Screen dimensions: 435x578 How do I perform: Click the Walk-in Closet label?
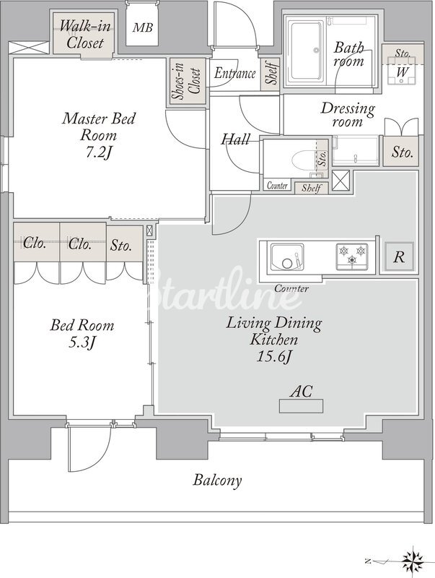pos(85,34)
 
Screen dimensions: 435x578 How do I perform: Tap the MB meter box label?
pos(142,27)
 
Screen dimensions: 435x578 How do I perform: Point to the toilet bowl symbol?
pos(304,160)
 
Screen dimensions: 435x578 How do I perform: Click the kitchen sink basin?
pos(287,257)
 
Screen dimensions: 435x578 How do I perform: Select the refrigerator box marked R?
pos(400,256)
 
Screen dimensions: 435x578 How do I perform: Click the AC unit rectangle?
pos(301,406)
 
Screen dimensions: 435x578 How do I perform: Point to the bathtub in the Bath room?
pos(307,51)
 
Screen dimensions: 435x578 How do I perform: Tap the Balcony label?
pos(218,480)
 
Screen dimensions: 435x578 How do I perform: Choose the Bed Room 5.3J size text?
pos(82,342)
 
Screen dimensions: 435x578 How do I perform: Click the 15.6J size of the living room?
pos(274,356)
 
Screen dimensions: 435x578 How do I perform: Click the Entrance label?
pos(234,73)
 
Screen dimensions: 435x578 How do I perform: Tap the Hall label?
pos(235,139)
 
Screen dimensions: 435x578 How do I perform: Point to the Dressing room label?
pos(348,115)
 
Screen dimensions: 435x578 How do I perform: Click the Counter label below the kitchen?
pos(291,288)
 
